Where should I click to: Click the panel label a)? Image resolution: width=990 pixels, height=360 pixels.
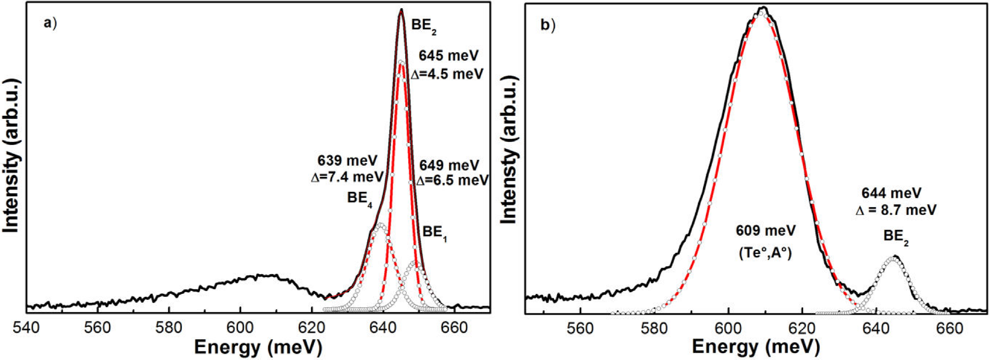pos(50,23)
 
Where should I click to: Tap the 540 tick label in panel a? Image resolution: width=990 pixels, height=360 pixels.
pos(26,327)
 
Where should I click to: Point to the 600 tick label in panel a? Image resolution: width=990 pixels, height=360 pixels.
pos(240,327)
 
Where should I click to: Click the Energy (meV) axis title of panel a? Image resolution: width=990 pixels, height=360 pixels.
pos(258,348)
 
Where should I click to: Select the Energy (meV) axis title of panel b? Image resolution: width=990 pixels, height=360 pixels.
pos(756,348)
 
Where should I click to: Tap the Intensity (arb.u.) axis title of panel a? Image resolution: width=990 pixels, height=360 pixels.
pos(11,155)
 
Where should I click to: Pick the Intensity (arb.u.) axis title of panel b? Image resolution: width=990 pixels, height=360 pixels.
pos(509,150)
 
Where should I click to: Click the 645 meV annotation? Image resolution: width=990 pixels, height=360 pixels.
pos(449,56)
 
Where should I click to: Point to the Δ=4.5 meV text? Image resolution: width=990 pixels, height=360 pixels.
pos(447,74)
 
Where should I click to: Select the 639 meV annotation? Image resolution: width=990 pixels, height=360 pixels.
pos(347,160)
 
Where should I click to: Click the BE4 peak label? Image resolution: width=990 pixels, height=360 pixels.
pos(359,198)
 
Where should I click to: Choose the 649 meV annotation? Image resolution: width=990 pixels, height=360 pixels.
pos(449,165)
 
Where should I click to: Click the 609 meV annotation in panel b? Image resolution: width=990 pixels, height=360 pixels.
pos(765,230)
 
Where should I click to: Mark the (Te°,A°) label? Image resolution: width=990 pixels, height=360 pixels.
pos(765,252)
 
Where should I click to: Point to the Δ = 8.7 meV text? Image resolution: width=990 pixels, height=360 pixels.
pos(896,210)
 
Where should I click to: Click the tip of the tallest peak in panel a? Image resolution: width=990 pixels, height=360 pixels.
pos(401,10)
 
